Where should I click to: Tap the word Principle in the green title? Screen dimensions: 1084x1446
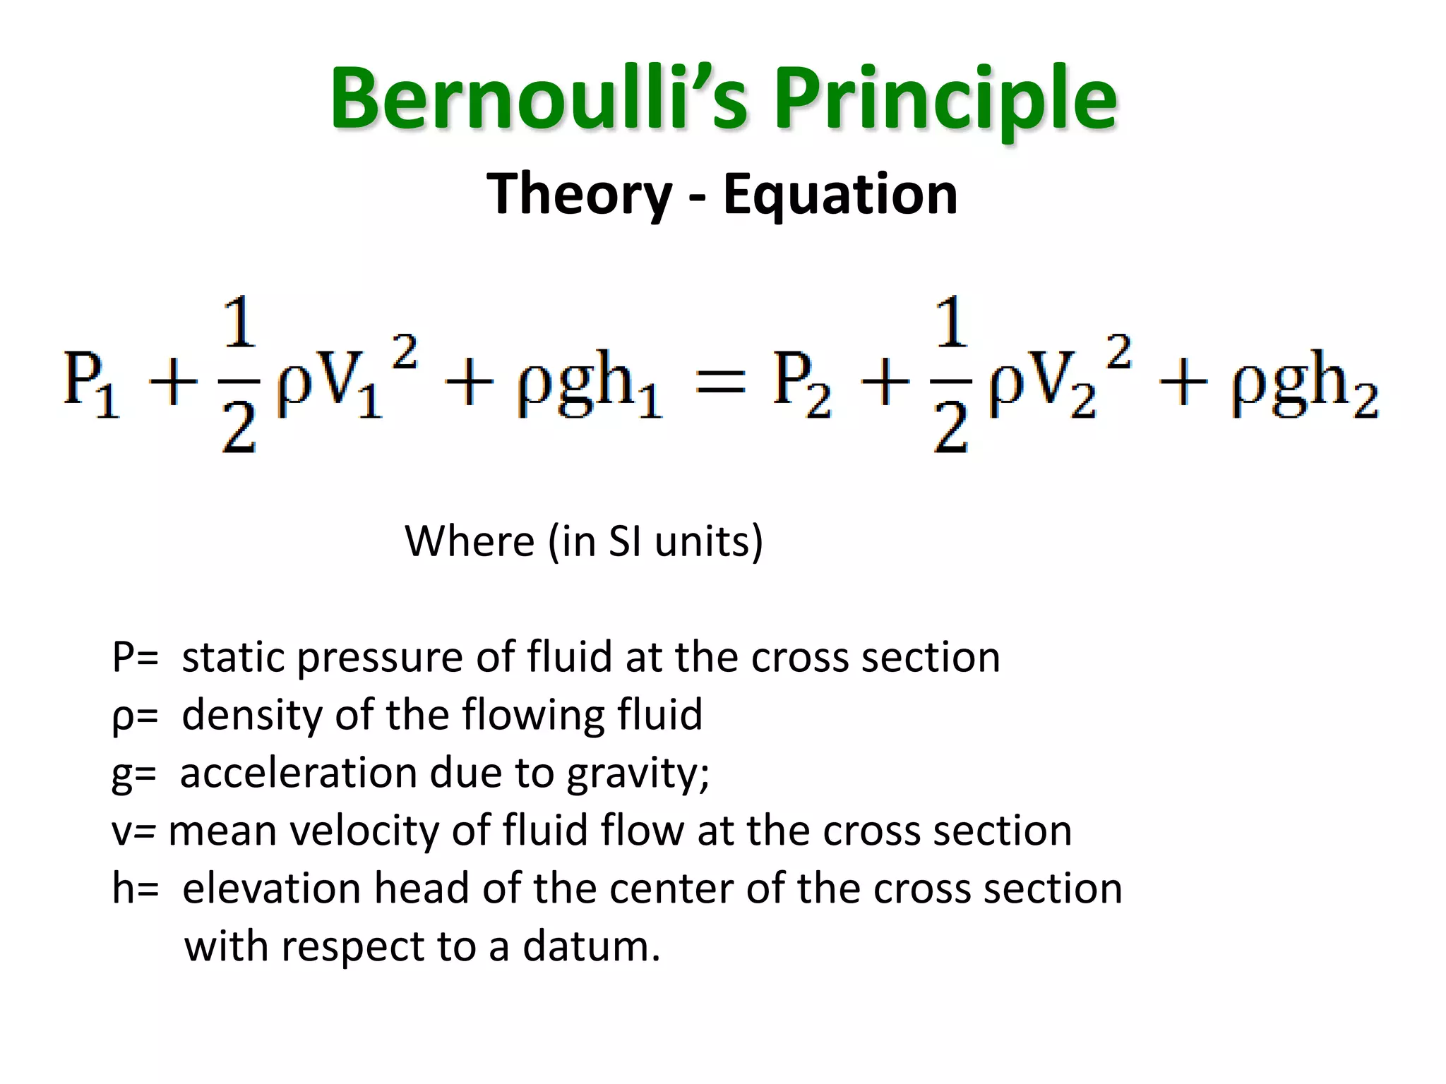pos(945,99)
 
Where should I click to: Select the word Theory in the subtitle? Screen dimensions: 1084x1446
pos(579,194)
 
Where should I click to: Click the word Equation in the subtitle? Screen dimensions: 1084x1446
pos(840,194)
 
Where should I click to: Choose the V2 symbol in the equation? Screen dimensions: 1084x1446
pos(1063,385)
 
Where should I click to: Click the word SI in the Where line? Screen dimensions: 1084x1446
pos(624,541)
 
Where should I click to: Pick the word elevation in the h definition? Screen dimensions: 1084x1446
pos(272,889)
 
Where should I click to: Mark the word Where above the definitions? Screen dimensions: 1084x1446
pos(470,541)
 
